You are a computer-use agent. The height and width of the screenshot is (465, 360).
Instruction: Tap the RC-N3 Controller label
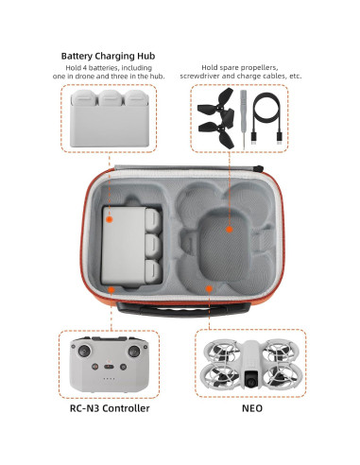(x=110, y=408)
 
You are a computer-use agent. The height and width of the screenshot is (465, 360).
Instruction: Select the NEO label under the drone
(x=250, y=408)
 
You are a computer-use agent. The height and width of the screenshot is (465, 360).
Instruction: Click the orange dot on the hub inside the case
(x=110, y=219)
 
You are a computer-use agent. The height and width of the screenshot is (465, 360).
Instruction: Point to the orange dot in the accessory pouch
(x=229, y=229)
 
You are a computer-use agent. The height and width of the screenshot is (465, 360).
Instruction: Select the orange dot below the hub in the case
(x=110, y=288)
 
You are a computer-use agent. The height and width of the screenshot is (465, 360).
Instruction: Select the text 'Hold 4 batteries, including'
(x=108, y=69)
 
